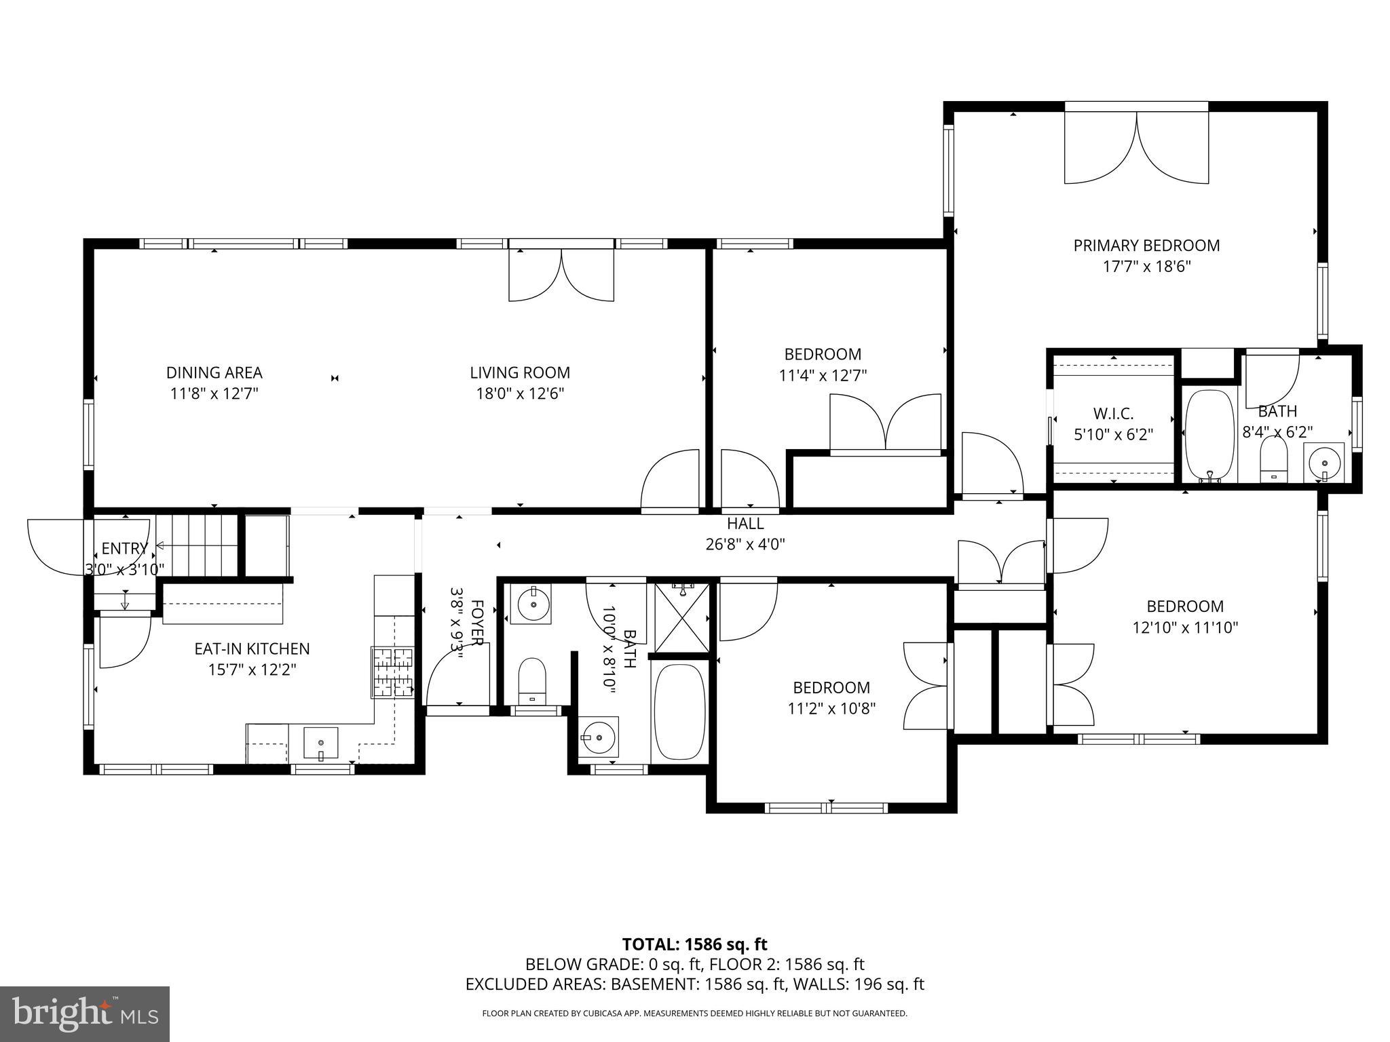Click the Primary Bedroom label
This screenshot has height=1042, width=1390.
pos(1146,246)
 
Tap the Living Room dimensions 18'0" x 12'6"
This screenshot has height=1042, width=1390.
pos(520,393)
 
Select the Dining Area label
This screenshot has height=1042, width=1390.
pos(214,372)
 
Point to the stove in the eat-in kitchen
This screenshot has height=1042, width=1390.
pos(392,672)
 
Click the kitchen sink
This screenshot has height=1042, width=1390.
pos(320,743)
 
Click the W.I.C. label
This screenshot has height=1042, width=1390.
pos(1113,413)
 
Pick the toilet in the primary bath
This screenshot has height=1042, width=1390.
pos(1273,459)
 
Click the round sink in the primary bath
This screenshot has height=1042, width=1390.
pos(1325,462)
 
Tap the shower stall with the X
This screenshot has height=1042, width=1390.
pos(682,617)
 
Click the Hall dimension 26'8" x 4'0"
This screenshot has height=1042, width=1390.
pos(745,544)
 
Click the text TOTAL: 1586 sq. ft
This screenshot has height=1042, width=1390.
pos(694,944)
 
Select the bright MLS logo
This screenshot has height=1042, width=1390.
pos(85,1014)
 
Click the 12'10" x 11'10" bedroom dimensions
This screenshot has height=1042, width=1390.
pos(1185,628)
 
